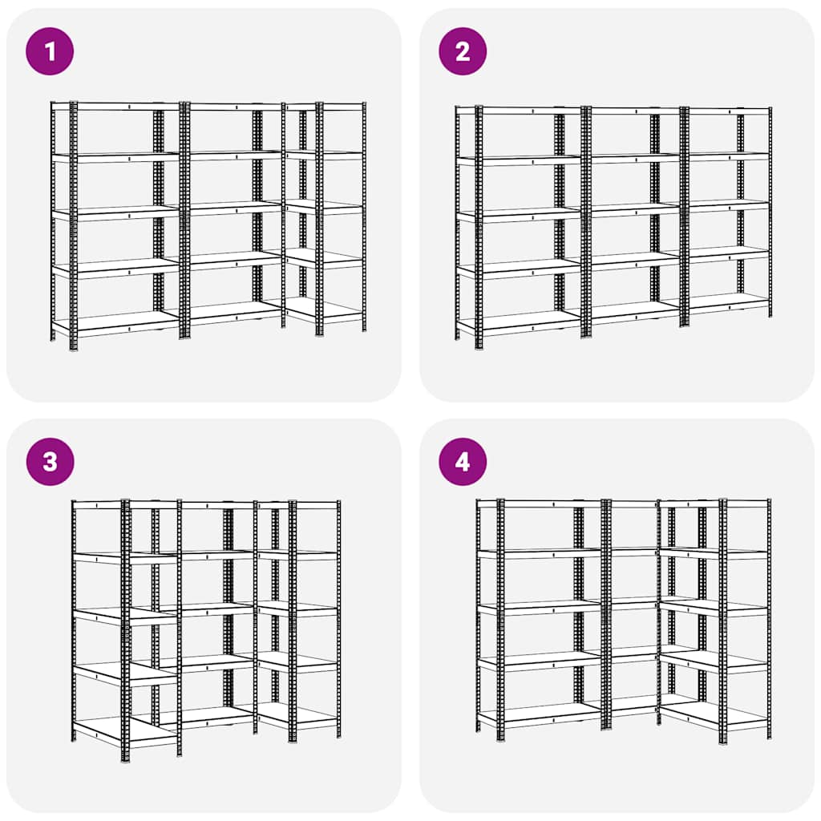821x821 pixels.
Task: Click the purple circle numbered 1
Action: pos(50,51)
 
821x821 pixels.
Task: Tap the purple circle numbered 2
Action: pos(463,51)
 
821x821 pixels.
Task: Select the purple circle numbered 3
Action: pos(50,462)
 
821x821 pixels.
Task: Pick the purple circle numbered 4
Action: pos(463,462)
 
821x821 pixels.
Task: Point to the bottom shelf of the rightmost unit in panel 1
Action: pos(325,311)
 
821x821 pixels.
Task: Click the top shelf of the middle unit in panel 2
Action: pos(633,110)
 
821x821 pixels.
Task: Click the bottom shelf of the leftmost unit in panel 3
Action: pos(100,730)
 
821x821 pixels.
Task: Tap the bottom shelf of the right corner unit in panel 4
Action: pos(714,716)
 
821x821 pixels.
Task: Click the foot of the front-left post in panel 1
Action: pos(74,347)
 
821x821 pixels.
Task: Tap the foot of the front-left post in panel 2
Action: pos(479,346)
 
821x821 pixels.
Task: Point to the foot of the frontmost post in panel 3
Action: pos(125,758)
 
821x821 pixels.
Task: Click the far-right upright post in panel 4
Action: pos(769,617)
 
